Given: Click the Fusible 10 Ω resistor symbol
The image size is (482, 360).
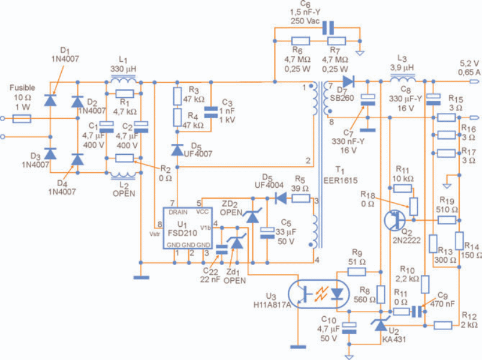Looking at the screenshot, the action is click(x=22, y=118).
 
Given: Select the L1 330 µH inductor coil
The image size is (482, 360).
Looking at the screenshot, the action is click(x=123, y=80).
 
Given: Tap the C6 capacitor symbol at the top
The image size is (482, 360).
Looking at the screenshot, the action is click(x=328, y=28).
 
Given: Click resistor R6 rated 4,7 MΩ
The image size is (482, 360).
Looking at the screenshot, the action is click(x=300, y=41).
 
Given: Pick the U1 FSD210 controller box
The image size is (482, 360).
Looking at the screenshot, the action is click(x=188, y=228).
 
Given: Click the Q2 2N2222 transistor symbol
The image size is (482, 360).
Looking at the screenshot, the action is click(x=394, y=220).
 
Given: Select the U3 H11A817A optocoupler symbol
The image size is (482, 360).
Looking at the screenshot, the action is click(x=319, y=294).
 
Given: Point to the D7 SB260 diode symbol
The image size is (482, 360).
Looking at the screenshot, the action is click(x=348, y=82).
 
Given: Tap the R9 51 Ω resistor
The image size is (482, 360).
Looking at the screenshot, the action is click(x=357, y=272).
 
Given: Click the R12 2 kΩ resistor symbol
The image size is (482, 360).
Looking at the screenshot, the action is click(x=442, y=325).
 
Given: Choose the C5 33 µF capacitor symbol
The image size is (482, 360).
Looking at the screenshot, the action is click(x=267, y=233).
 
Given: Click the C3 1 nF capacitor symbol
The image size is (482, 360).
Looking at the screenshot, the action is click(x=211, y=112).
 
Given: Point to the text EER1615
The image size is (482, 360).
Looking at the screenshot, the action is click(x=341, y=181).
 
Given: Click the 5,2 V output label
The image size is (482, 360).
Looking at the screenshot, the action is click(x=469, y=64).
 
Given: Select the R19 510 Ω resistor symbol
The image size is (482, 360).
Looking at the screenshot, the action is click(x=447, y=220).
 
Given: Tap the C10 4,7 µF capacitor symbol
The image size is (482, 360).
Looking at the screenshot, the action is click(x=349, y=328).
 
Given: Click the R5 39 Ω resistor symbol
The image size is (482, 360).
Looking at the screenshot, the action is click(x=300, y=199).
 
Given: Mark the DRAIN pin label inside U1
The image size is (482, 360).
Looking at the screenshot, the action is click(x=178, y=212).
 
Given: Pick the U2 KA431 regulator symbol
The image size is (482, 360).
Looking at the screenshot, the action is click(x=381, y=325).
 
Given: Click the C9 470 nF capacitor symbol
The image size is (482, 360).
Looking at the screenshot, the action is click(x=417, y=311).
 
